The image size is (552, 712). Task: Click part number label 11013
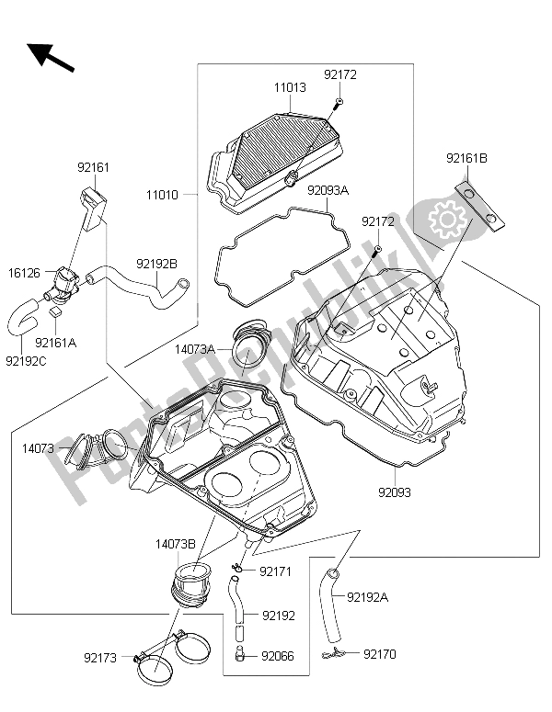pos(288,89)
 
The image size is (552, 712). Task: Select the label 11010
pos(163,195)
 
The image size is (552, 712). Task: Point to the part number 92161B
pos(467,158)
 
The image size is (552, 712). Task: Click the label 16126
pos(25,273)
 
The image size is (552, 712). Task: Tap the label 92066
pos(278,656)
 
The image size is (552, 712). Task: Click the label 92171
pos(275,571)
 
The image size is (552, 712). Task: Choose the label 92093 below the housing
pos(392,492)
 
